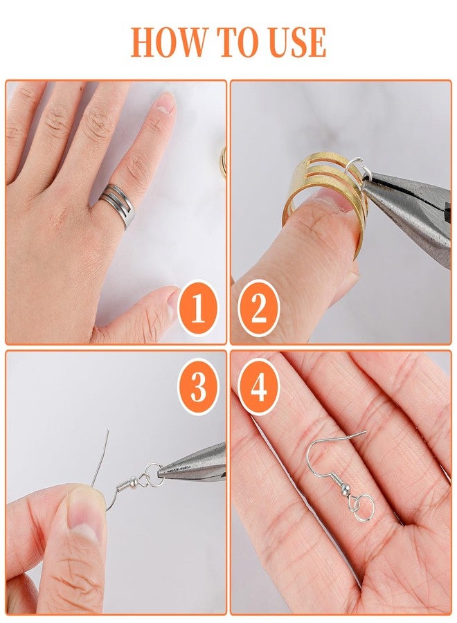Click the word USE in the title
(x=294, y=43)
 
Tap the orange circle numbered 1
(x=198, y=308)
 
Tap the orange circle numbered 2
(x=258, y=308)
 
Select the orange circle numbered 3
(x=198, y=387)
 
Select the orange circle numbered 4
(x=258, y=387)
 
